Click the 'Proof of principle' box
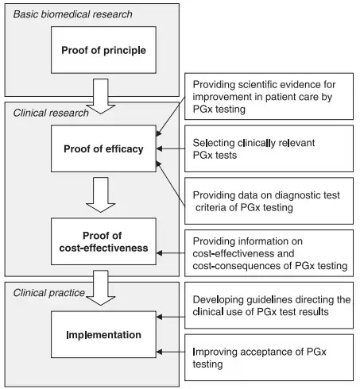click(x=103, y=50)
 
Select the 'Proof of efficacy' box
click(x=103, y=148)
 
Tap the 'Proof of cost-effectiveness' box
click(x=103, y=241)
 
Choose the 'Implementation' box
click(x=103, y=334)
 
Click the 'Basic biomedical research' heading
click(x=72, y=14)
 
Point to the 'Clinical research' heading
click(x=51, y=113)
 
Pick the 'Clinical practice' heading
click(x=49, y=293)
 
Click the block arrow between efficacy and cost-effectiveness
click(x=101, y=194)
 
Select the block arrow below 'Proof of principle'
click(x=101, y=96)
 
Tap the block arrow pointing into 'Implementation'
click(x=101, y=288)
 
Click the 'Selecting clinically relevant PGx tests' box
click(x=269, y=148)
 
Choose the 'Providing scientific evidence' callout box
click(x=269, y=96)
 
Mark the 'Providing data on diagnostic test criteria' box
click(x=269, y=201)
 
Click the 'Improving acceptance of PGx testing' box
click(x=269, y=357)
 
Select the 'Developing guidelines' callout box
click(x=269, y=306)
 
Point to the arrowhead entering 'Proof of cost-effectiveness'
click(x=159, y=253)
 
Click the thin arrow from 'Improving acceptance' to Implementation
click(x=171, y=352)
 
